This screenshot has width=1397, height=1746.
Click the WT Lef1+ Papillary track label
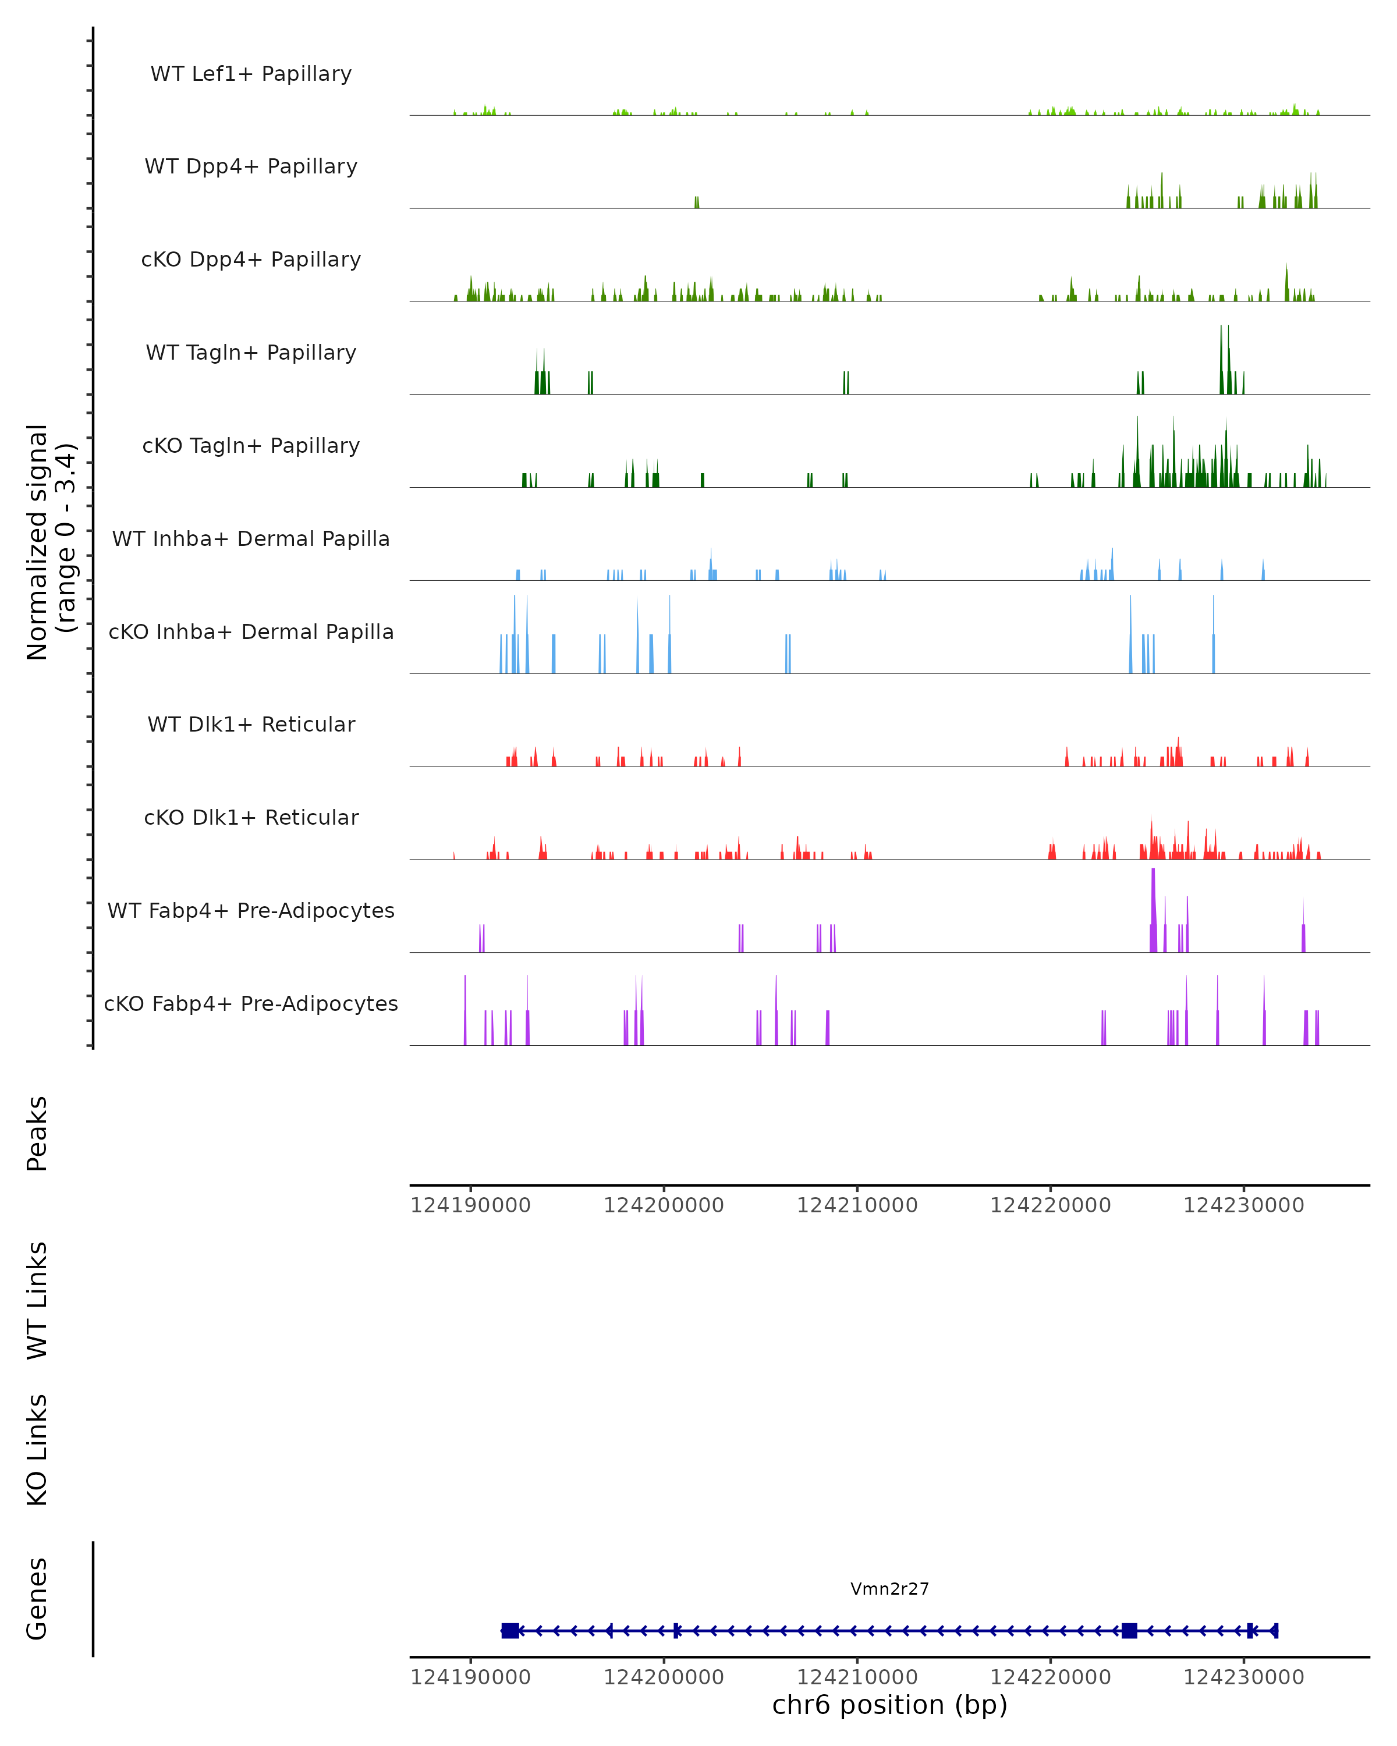(x=251, y=74)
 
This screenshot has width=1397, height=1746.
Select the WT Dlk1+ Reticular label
(x=251, y=724)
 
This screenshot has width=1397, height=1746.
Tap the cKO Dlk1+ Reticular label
(x=251, y=817)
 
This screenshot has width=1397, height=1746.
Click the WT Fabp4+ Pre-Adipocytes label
(x=251, y=910)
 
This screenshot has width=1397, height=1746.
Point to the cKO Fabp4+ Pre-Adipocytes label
(x=251, y=1003)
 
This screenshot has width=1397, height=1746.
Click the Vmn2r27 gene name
(x=889, y=1589)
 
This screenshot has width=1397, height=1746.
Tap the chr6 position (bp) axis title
(x=889, y=1705)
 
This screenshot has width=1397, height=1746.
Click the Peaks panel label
(x=37, y=1133)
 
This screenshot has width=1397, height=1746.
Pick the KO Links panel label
(x=37, y=1450)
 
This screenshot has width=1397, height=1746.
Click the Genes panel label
(x=37, y=1599)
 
